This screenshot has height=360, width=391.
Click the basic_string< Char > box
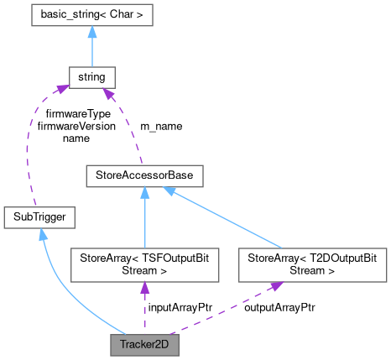coord(91,14)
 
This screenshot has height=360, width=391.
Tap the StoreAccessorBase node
coord(146,176)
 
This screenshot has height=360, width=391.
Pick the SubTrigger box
coord(40,217)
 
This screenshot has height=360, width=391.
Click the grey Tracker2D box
coord(145,344)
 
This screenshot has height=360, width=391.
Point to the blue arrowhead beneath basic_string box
coord(91,33)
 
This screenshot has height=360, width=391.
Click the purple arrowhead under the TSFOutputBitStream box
coord(145,289)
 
